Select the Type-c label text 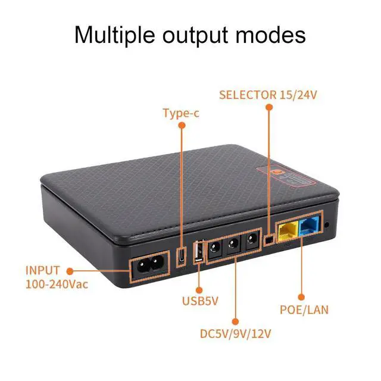point(181,113)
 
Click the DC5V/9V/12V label point(236,334)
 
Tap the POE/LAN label point(304,310)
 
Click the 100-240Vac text point(57,284)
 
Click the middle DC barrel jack point(232,244)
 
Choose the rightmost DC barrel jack point(252,240)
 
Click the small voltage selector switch point(269,239)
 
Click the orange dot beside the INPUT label point(70,270)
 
